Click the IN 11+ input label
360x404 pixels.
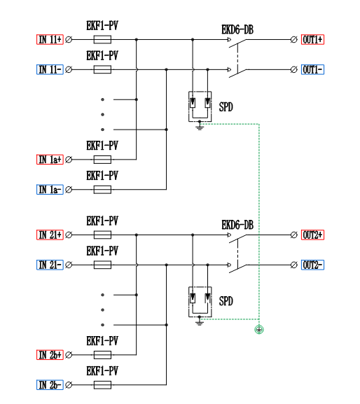50,39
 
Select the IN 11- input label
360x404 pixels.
50,69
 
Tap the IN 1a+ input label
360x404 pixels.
50,160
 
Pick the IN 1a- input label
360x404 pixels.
50,190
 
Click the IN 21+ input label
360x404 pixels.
50,235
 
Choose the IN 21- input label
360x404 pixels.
50,265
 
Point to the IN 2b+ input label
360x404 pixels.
50,355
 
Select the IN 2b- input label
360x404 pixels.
50,385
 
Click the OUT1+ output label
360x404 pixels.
312,39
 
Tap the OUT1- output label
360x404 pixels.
312,69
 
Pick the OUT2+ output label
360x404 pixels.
312,235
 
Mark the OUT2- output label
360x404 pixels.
312,265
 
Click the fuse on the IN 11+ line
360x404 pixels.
102,39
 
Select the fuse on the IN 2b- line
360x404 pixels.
102,385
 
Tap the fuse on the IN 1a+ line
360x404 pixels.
102,160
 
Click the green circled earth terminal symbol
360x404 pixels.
259,330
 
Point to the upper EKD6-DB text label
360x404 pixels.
237,29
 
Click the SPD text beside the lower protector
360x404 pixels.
226,301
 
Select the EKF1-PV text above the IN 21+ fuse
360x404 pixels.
102,221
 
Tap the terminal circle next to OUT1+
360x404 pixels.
293,39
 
